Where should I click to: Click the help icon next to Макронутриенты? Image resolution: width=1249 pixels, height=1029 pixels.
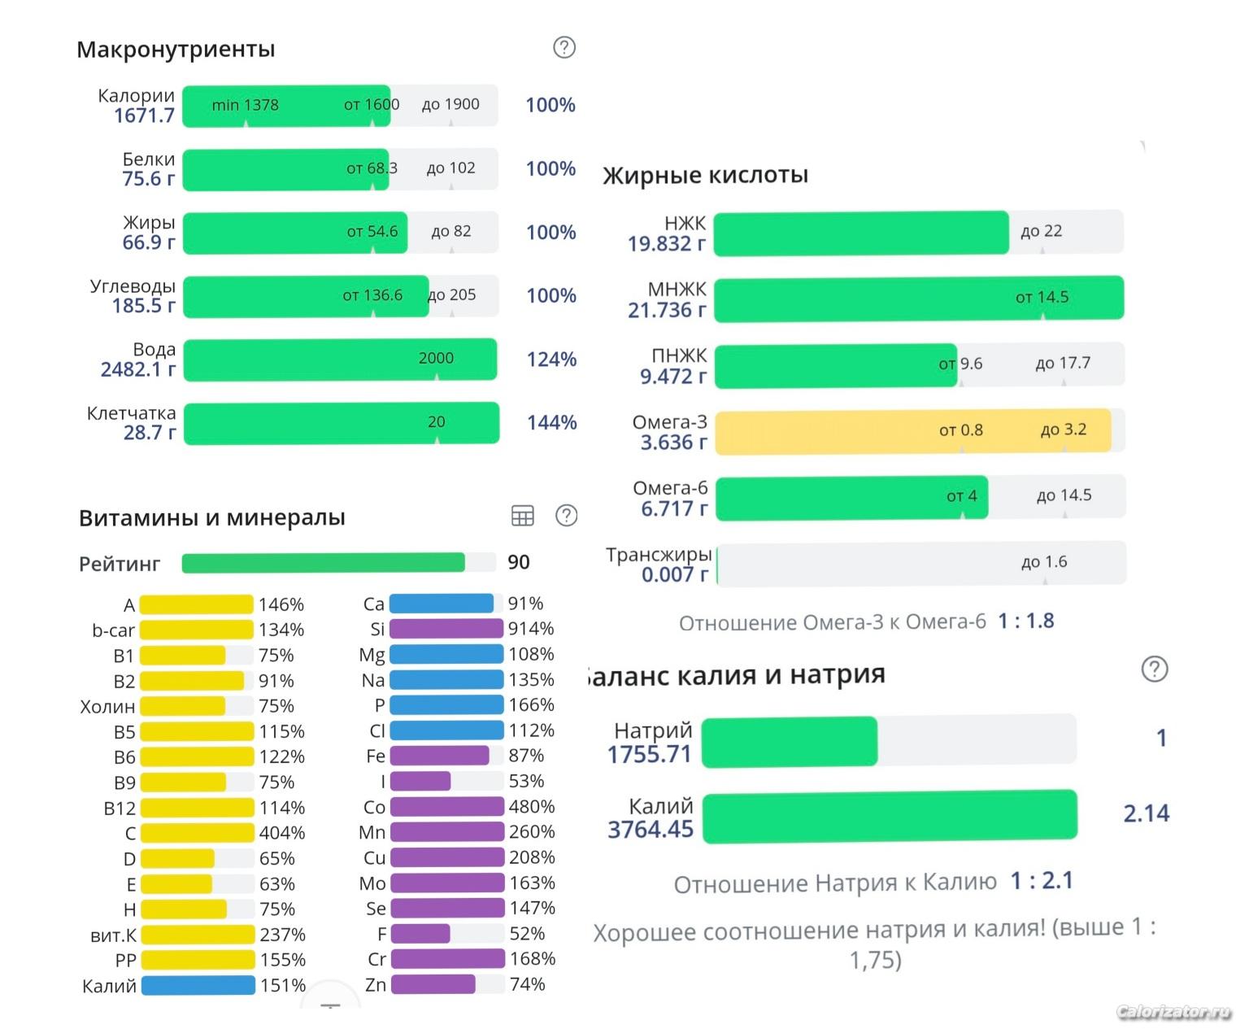coord(564,47)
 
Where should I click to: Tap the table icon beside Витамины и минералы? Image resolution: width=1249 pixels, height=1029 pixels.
coord(522,515)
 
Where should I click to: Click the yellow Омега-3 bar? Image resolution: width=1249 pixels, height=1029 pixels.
coord(912,429)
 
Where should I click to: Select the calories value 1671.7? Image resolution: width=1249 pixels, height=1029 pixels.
coord(144,116)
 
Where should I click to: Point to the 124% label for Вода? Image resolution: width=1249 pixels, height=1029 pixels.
coord(551,359)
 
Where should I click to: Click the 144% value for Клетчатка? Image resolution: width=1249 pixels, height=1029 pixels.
coord(551,422)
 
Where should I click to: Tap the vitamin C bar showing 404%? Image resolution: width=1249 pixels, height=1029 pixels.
coord(197,833)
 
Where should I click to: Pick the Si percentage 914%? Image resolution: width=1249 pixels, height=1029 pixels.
coord(531,629)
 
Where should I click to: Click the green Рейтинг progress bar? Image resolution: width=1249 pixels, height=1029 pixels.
coord(323,562)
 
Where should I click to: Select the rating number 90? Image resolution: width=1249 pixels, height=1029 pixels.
coord(518,562)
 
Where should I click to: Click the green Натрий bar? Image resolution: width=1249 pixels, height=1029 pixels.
coord(789,741)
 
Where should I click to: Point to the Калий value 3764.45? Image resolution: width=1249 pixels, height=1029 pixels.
coord(651,830)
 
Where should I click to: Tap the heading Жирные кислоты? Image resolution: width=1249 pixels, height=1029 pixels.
coord(705,175)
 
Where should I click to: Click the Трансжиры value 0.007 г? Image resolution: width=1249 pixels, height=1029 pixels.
coord(674,574)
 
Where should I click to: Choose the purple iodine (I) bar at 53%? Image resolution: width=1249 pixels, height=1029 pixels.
coord(420,782)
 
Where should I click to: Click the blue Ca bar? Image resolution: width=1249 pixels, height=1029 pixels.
coord(442,604)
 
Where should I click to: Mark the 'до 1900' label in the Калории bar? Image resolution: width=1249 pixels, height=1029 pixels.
coord(450,104)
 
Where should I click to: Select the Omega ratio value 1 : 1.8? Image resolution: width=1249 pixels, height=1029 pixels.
coord(1026,621)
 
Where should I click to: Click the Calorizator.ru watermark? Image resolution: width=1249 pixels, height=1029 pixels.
coord(1173,1012)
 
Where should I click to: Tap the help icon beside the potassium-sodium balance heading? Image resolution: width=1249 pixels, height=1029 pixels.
coord(1154,669)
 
